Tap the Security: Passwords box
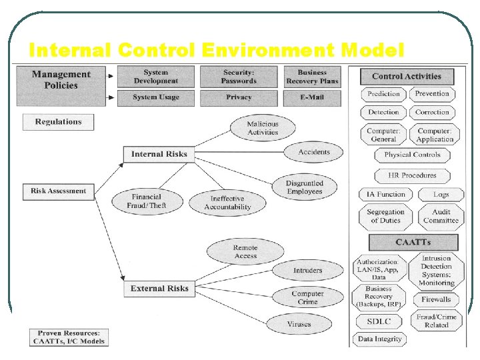(x=239, y=77)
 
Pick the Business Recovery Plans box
(x=312, y=77)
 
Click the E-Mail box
(x=312, y=97)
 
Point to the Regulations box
(x=58, y=122)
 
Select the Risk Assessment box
(x=58, y=191)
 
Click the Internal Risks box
(x=159, y=154)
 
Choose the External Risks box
(x=159, y=289)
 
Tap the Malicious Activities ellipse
(x=263, y=128)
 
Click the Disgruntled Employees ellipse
(x=304, y=187)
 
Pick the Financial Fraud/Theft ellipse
(x=147, y=201)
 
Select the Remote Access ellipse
(x=245, y=252)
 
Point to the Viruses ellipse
(x=299, y=324)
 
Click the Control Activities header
(x=407, y=77)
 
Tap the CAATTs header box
(x=413, y=242)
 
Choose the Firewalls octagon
(x=436, y=299)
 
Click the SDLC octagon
(x=379, y=321)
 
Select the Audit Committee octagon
(x=441, y=216)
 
